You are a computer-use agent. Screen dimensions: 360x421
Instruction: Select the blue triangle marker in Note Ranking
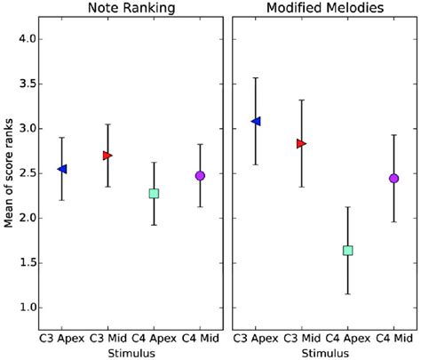tap(61, 169)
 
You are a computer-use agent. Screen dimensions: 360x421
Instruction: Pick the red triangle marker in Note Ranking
tap(107, 156)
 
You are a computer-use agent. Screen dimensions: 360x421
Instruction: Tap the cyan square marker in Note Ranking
tap(154, 193)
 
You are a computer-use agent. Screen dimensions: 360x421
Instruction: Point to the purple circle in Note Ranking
tap(200, 176)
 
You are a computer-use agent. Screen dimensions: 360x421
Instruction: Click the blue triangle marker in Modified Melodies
tap(256, 121)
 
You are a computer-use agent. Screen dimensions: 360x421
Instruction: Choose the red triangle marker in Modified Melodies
tap(301, 143)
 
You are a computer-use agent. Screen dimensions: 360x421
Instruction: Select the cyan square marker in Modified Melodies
tap(347, 251)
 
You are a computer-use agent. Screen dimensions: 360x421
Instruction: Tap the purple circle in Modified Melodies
tap(393, 179)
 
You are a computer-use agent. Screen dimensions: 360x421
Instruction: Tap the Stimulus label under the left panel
tap(131, 352)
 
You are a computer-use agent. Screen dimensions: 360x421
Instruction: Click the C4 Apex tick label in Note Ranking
tap(154, 339)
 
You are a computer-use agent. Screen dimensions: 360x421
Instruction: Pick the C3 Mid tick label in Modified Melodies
tap(301, 339)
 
